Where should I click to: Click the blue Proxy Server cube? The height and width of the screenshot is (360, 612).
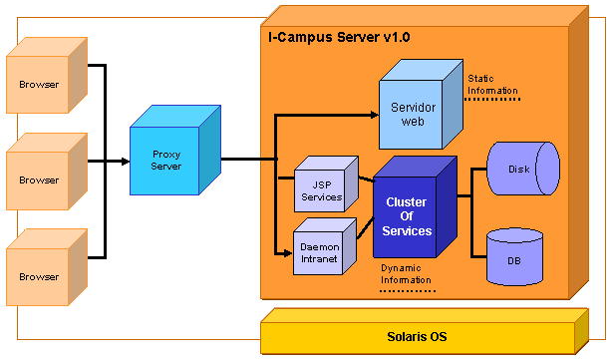click(x=166, y=160)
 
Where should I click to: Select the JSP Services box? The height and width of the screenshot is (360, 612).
click(x=321, y=190)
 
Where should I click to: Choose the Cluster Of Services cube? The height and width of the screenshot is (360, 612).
click(x=407, y=216)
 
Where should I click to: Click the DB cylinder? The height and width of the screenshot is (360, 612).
click(x=514, y=257)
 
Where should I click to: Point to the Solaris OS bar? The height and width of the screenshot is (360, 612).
click(x=417, y=337)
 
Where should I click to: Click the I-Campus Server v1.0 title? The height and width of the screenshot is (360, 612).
click(x=339, y=37)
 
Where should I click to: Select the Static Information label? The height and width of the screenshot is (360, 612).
click(x=492, y=84)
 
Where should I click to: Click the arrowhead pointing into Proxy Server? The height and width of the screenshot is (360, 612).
click(x=124, y=160)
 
